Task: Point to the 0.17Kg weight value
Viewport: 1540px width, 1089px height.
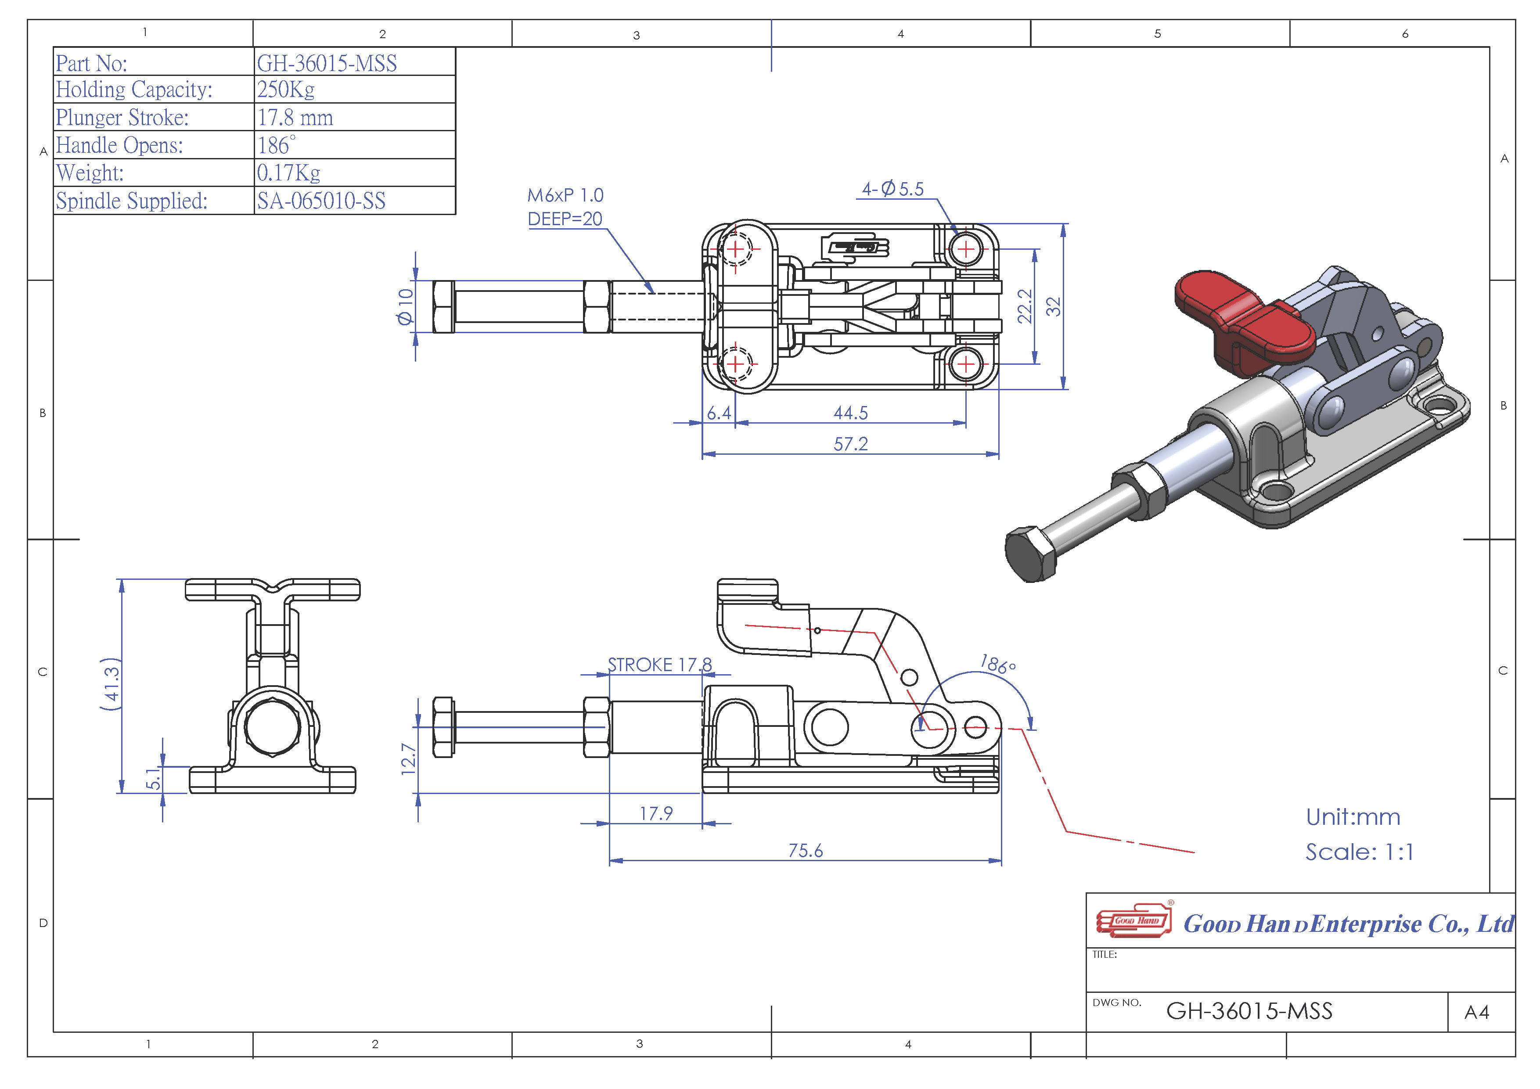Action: (288, 173)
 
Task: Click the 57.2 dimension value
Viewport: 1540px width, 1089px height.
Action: (850, 444)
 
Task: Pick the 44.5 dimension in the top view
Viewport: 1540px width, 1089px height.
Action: (850, 413)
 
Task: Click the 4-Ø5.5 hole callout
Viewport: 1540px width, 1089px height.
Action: (893, 189)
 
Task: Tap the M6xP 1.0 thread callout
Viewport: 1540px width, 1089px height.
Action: (565, 195)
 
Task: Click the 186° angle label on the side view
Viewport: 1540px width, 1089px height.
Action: (998, 665)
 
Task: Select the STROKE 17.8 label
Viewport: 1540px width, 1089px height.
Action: (660, 665)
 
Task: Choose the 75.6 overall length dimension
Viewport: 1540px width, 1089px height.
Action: (806, 850)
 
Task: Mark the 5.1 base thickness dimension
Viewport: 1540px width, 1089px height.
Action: (154, 779)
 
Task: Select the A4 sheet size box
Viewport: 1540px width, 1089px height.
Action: (1477, 1012)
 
